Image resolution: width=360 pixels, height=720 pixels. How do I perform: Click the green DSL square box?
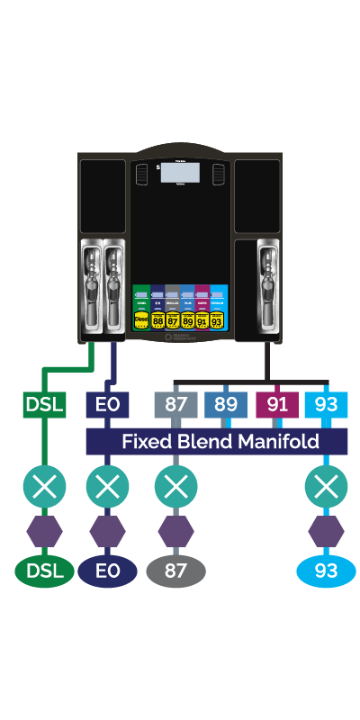pyautogui.click(x=43, y=404)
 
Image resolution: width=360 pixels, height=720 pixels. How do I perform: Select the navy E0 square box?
pyautogui.click(x=107, y=404)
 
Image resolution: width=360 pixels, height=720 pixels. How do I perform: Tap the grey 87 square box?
pyautogui.click(x=175, y=404)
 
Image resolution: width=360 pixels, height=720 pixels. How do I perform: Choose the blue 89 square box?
pyautogui.click(x=226, y=404)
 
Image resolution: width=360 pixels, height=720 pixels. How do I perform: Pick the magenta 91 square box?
pyautogui.click(x=276, y=404)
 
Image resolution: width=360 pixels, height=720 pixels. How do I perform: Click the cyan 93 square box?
pyautogui.click(x=326, y=404)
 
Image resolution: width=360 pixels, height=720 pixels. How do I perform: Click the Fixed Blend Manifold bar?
pyautogui.click(x=216, y=441)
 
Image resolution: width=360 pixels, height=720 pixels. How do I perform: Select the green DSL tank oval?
pyautogui.click(x=43, y=571)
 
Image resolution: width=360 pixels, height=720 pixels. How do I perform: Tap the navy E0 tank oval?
pyautogui.click(x=107, y=571)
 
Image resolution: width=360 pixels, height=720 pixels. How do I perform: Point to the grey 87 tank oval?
pyautogui.click(x=175, y=571)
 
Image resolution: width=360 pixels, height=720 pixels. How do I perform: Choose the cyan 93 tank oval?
pyautogui.click(x=326, y=571)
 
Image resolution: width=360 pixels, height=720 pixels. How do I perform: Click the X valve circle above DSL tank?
pyautogui.click(x=43, y=488)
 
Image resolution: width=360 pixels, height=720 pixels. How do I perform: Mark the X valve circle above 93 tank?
pyautogui.click(x=326, y=488)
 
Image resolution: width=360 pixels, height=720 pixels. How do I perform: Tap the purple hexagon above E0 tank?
pyautogui.click(x=107, y=531)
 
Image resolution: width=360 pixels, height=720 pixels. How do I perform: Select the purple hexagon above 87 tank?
pyautogui.click(x=175, y=531)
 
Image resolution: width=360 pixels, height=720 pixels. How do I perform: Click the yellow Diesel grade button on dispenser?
pyautogui.click(x=141, y=319)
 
